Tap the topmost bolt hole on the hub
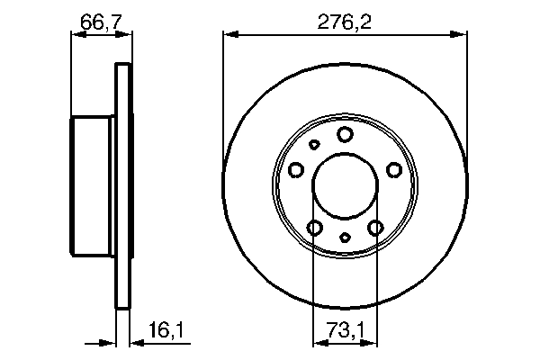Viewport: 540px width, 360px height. [345, 134]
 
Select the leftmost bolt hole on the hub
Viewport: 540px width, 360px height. [296, 168]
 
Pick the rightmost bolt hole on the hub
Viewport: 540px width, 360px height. [393, 168]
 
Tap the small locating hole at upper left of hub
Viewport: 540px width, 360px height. [314, 144]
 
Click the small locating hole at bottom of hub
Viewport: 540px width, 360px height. [345, 237]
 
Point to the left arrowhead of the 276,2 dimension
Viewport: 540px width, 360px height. [229, 35]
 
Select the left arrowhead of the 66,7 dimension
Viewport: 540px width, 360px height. [76, 35]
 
